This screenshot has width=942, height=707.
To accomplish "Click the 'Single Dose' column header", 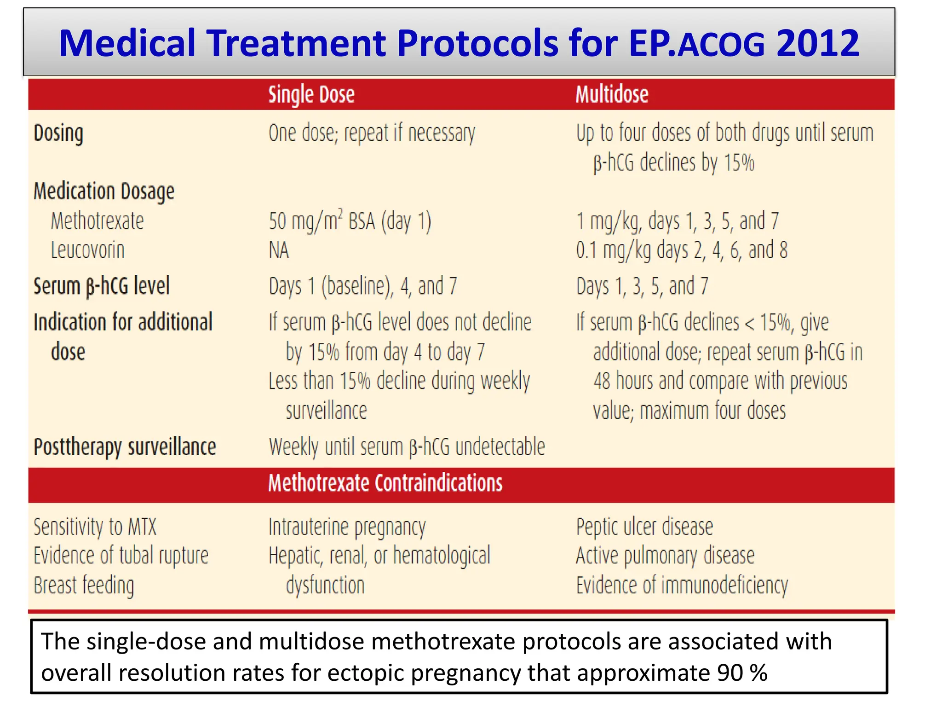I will pos(311,95).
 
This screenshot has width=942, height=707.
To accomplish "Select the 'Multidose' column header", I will pos(612,95).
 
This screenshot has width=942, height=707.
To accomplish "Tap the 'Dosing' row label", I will pos(58,133).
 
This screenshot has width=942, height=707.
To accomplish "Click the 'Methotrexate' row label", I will pos(97,221).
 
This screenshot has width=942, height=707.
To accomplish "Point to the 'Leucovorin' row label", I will pos(87,250).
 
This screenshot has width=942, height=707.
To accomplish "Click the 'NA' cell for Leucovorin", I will pos(279,250).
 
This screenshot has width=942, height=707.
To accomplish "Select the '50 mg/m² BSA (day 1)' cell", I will pos(350,221).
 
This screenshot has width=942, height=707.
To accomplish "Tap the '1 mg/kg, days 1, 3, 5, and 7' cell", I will pos(678,221).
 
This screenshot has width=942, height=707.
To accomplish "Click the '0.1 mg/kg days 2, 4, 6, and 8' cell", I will pos(682,250).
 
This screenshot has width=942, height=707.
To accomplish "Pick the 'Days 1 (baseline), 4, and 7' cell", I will pos(363,286).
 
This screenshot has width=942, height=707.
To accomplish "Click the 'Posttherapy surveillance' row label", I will pos(125,447).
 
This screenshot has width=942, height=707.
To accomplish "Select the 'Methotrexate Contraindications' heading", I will pos(385,483).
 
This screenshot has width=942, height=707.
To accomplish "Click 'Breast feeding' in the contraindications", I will pos(84,585).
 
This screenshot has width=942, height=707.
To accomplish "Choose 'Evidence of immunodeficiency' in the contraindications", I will pos(682,585).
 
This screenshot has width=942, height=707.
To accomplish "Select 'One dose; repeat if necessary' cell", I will pos(372,133).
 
